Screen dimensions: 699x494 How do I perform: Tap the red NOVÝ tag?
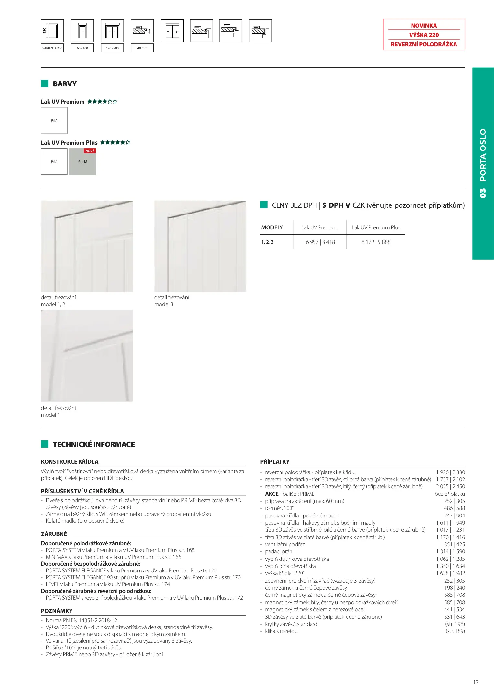(x=90, y=151)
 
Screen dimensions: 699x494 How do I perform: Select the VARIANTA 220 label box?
(x=52, y=48)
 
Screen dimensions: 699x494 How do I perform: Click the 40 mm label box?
(x=142, y=48)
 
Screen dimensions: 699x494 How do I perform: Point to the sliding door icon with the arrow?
(x=172, y=31)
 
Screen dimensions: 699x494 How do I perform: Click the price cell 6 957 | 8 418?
(x=320, y=242)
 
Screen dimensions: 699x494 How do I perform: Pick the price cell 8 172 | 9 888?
(x=376, y=242)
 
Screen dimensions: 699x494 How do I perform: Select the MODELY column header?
(x=272, y=227)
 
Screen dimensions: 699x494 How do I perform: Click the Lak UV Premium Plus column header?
(x=376, y=227)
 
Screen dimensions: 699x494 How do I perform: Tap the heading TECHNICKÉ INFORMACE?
(x=94, y=444)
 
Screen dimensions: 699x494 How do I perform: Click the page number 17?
(x=476, y=682)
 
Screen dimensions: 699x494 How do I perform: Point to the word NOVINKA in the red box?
(x=424, y=26)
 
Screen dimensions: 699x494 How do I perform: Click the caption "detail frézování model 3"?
(x=171, y=301)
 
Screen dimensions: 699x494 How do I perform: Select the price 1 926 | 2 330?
(x=450, y=472)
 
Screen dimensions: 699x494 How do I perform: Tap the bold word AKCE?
(x=272, y=494)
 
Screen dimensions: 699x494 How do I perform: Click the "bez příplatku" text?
(x=450, y=494)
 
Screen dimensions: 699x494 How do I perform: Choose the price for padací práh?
(x=450, y=551)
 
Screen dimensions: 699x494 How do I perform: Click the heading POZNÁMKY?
(x=57, y=611)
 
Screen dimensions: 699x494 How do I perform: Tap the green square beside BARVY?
(x=45, y=83)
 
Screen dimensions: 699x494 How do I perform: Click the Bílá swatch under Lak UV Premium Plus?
(x=54, y=162)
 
